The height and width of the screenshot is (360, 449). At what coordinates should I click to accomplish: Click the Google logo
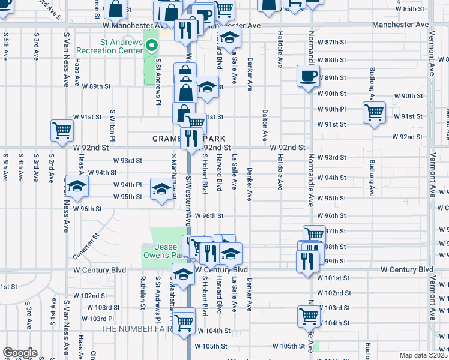20,353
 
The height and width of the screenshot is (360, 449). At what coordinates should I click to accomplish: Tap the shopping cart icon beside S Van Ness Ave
62,130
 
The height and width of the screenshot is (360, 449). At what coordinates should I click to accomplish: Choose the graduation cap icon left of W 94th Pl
76,186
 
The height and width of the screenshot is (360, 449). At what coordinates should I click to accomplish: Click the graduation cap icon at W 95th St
161,189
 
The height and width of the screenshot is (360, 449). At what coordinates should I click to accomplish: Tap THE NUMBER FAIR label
136,329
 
